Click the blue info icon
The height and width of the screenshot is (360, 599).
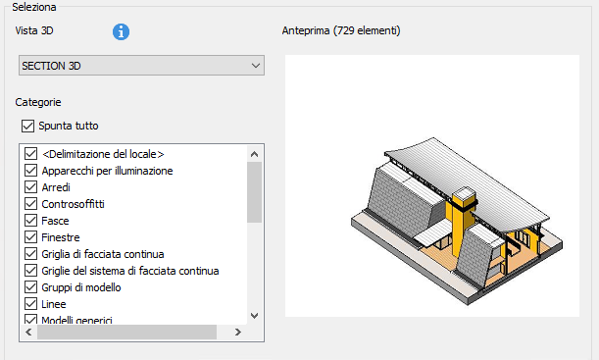tap(121, 31)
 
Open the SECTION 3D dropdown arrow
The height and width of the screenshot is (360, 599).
tap(256, 66)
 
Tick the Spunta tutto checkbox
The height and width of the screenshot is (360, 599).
tap(27, 126)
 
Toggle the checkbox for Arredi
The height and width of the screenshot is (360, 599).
tap(31, 187)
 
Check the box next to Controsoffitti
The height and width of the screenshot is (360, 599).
tap(31, 204)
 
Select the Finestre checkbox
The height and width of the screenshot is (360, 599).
tap(31, 237)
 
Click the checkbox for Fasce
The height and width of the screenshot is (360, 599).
tap(31, 221)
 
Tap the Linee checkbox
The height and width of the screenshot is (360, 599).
tap(31, 304)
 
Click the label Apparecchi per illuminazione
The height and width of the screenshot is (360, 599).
tap(107, 171)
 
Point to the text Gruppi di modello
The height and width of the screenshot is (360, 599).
tap(81, 287)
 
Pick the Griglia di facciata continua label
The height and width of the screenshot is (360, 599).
tap(103, 254)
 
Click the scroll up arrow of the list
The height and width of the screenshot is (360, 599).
tap(254, 154)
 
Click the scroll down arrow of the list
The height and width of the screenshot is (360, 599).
tap(254, 316)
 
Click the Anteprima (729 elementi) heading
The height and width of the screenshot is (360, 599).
tap(341, 30)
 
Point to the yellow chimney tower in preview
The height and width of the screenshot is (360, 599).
tap(461, 221)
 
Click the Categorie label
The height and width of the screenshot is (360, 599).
tap(38, 102)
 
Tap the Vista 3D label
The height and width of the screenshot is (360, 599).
tap(34, 30)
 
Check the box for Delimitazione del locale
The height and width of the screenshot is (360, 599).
tap(31, 154)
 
